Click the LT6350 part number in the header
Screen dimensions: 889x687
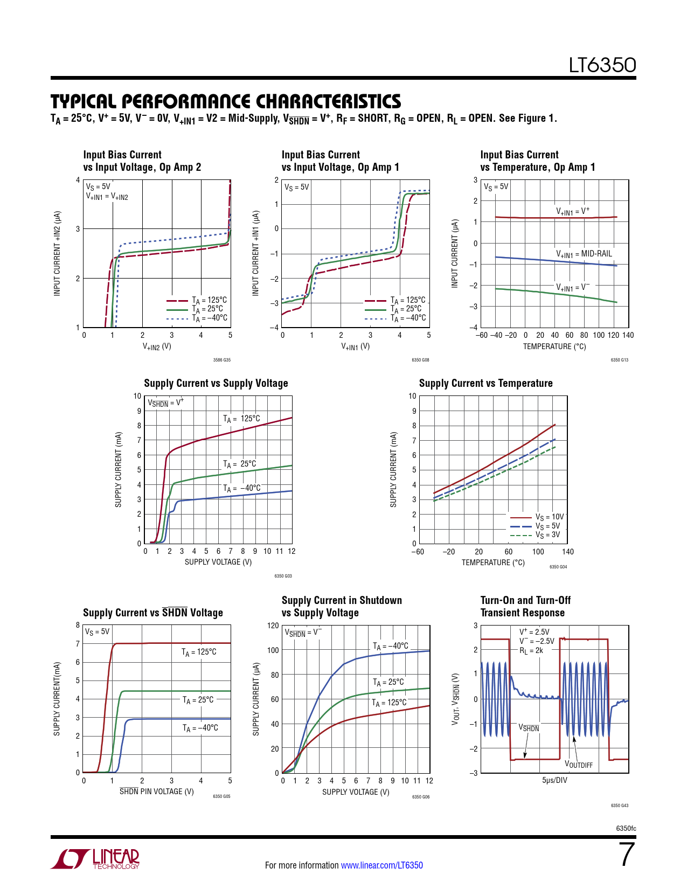pos(602,65)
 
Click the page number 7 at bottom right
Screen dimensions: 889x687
pos(627,855)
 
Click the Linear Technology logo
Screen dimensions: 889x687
pos(95,859)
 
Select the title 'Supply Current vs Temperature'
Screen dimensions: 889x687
pos(485,383)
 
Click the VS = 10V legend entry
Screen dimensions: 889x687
pos(549,517)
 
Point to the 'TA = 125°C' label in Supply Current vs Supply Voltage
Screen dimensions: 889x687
pos(241,419)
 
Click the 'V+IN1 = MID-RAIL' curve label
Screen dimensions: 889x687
pos(584,254)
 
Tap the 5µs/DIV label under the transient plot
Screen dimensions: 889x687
pos(554,780)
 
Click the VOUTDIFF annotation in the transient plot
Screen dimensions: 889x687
pos(578,765)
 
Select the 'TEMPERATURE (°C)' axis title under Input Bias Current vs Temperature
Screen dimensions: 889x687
pos(554,346)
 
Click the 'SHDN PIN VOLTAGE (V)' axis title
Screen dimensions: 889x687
pos(156,791)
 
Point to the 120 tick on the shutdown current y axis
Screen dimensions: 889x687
pos(273,626)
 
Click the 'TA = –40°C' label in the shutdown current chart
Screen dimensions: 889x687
pos(391,646)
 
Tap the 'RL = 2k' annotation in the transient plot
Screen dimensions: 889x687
pos(531,650)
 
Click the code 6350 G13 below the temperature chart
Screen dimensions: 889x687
pos(619,360)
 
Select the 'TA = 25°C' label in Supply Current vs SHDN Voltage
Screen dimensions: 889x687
pos(198,700)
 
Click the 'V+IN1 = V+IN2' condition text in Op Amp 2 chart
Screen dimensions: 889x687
pos(107,197)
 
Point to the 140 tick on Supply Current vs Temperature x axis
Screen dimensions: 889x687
pos(567,552)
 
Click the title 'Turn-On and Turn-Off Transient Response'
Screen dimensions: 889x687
pos(525,606)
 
